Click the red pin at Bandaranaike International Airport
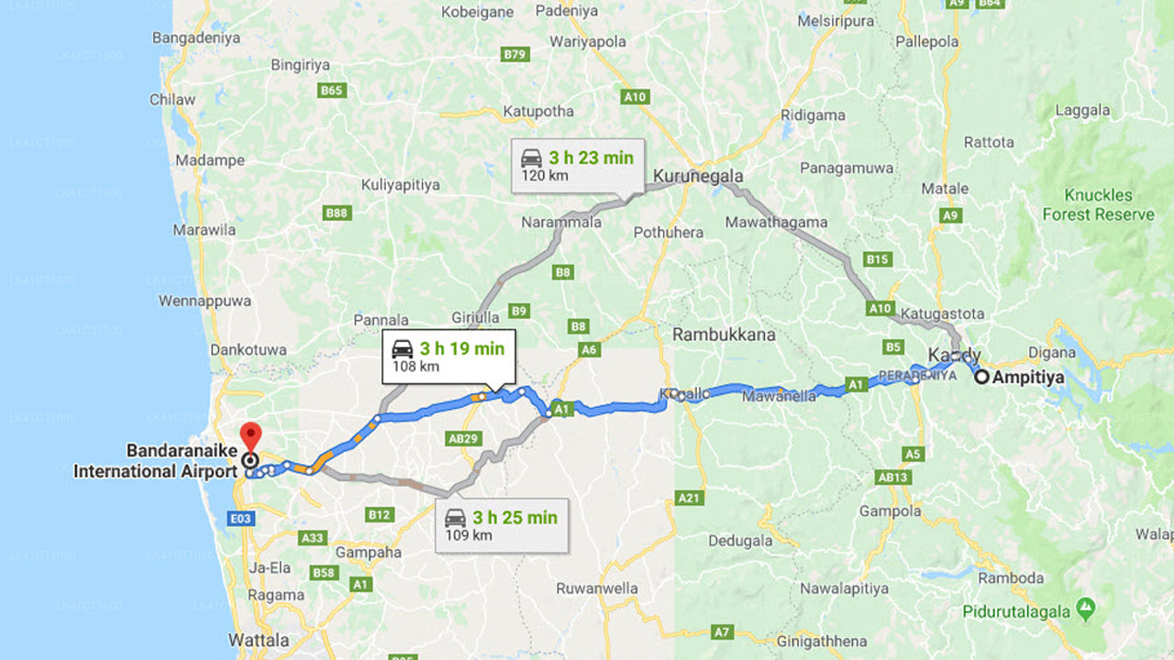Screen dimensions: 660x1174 pyautogui.click(x=249, y=434)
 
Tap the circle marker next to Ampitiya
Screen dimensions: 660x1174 pyautogui.click(x=981, y=376)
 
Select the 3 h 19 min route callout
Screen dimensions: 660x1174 pyautogui.click(x=449, y=357)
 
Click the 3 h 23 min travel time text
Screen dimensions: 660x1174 pyautogui.click(x=591, y=158)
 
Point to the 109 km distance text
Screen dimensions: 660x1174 pyautogui.click(x=467, y=535)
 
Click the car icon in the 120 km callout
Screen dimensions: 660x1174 pyautogui.click(x=531, y=158)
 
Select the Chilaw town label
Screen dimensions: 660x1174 pyautogui.click(x=172, y=99)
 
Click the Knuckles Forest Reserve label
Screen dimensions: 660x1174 pyautogui.click(x=1098, y=204)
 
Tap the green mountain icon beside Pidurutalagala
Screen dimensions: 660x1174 pyautogui.click(x=1086, y=607)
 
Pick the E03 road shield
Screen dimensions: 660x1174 pyautogui.click(x=240, y=519)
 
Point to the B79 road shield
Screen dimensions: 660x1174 pyautogui.click(x=515, y=54)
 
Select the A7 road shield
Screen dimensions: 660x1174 pyautogui.click(x=723, y=632)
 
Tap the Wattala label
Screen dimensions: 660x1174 pyautogui.click(x=259, y=640)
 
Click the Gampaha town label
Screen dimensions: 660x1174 pyautogui.click(x=368, y=552)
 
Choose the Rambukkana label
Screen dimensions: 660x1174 pyautogui.click(x=724, y=335)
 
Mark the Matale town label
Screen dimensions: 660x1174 pyautogui.click(x=945, y=189)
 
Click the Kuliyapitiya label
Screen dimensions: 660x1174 pyautogui.click(x=400, y=184)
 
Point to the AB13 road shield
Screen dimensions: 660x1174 pyautogui.click(x=892, y=477)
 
